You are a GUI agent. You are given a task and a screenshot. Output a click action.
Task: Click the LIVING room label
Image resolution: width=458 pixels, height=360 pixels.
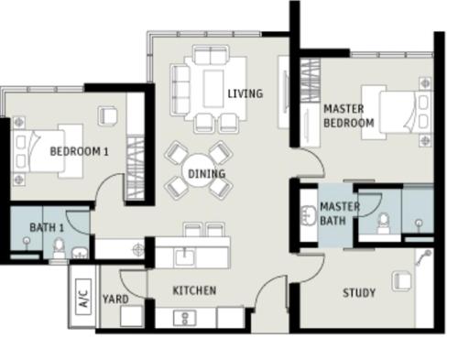pos(245,93)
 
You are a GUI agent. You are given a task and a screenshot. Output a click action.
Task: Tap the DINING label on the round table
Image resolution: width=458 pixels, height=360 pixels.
pos(207,174)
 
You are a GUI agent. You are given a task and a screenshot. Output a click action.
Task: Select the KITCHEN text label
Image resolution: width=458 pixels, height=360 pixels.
pos(194,290)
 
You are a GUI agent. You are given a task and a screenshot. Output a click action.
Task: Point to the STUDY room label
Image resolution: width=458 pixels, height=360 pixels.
pos(359,293)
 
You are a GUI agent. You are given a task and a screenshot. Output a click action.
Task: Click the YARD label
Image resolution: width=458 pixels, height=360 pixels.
pos(115,300)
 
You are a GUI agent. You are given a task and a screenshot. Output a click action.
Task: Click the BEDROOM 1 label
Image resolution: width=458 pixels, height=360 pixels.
pos(79,151)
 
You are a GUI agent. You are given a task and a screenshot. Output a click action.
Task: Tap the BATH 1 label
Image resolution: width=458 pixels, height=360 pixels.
pos(47,227)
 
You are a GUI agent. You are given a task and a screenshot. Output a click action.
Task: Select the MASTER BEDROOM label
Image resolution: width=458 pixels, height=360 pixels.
pos(349,115)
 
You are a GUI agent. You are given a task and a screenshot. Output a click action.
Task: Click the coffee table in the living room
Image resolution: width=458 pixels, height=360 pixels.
pos(213,89)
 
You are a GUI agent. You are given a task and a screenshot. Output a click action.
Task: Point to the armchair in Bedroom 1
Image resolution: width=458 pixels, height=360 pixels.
pos(107,115)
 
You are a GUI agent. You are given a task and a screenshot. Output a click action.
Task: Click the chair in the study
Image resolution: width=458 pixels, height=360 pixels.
pos(401,281)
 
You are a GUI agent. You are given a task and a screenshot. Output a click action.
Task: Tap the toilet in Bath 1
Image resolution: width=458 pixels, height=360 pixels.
pos(59,248)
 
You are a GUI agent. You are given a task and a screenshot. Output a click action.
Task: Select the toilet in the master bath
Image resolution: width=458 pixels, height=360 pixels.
pos(384,224)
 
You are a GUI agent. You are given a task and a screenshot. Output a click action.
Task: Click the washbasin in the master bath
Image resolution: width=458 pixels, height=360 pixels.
pos(309,215)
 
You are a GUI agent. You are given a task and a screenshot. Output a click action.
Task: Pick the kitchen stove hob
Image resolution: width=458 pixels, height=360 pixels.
pos(185,318)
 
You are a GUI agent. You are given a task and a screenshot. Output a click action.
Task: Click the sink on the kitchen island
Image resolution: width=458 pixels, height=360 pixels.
pos(185,256)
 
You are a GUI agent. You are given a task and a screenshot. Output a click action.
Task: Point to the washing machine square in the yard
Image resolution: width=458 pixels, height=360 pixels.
pos(132,316)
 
